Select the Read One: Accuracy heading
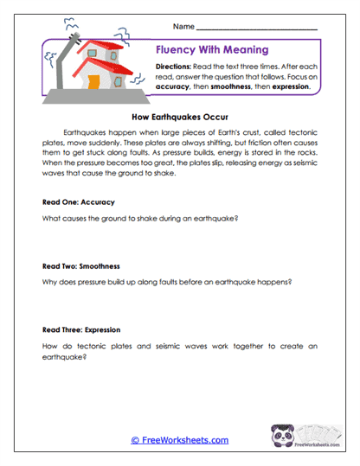(x=78, y=201)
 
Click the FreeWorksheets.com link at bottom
(x=179, y=440)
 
